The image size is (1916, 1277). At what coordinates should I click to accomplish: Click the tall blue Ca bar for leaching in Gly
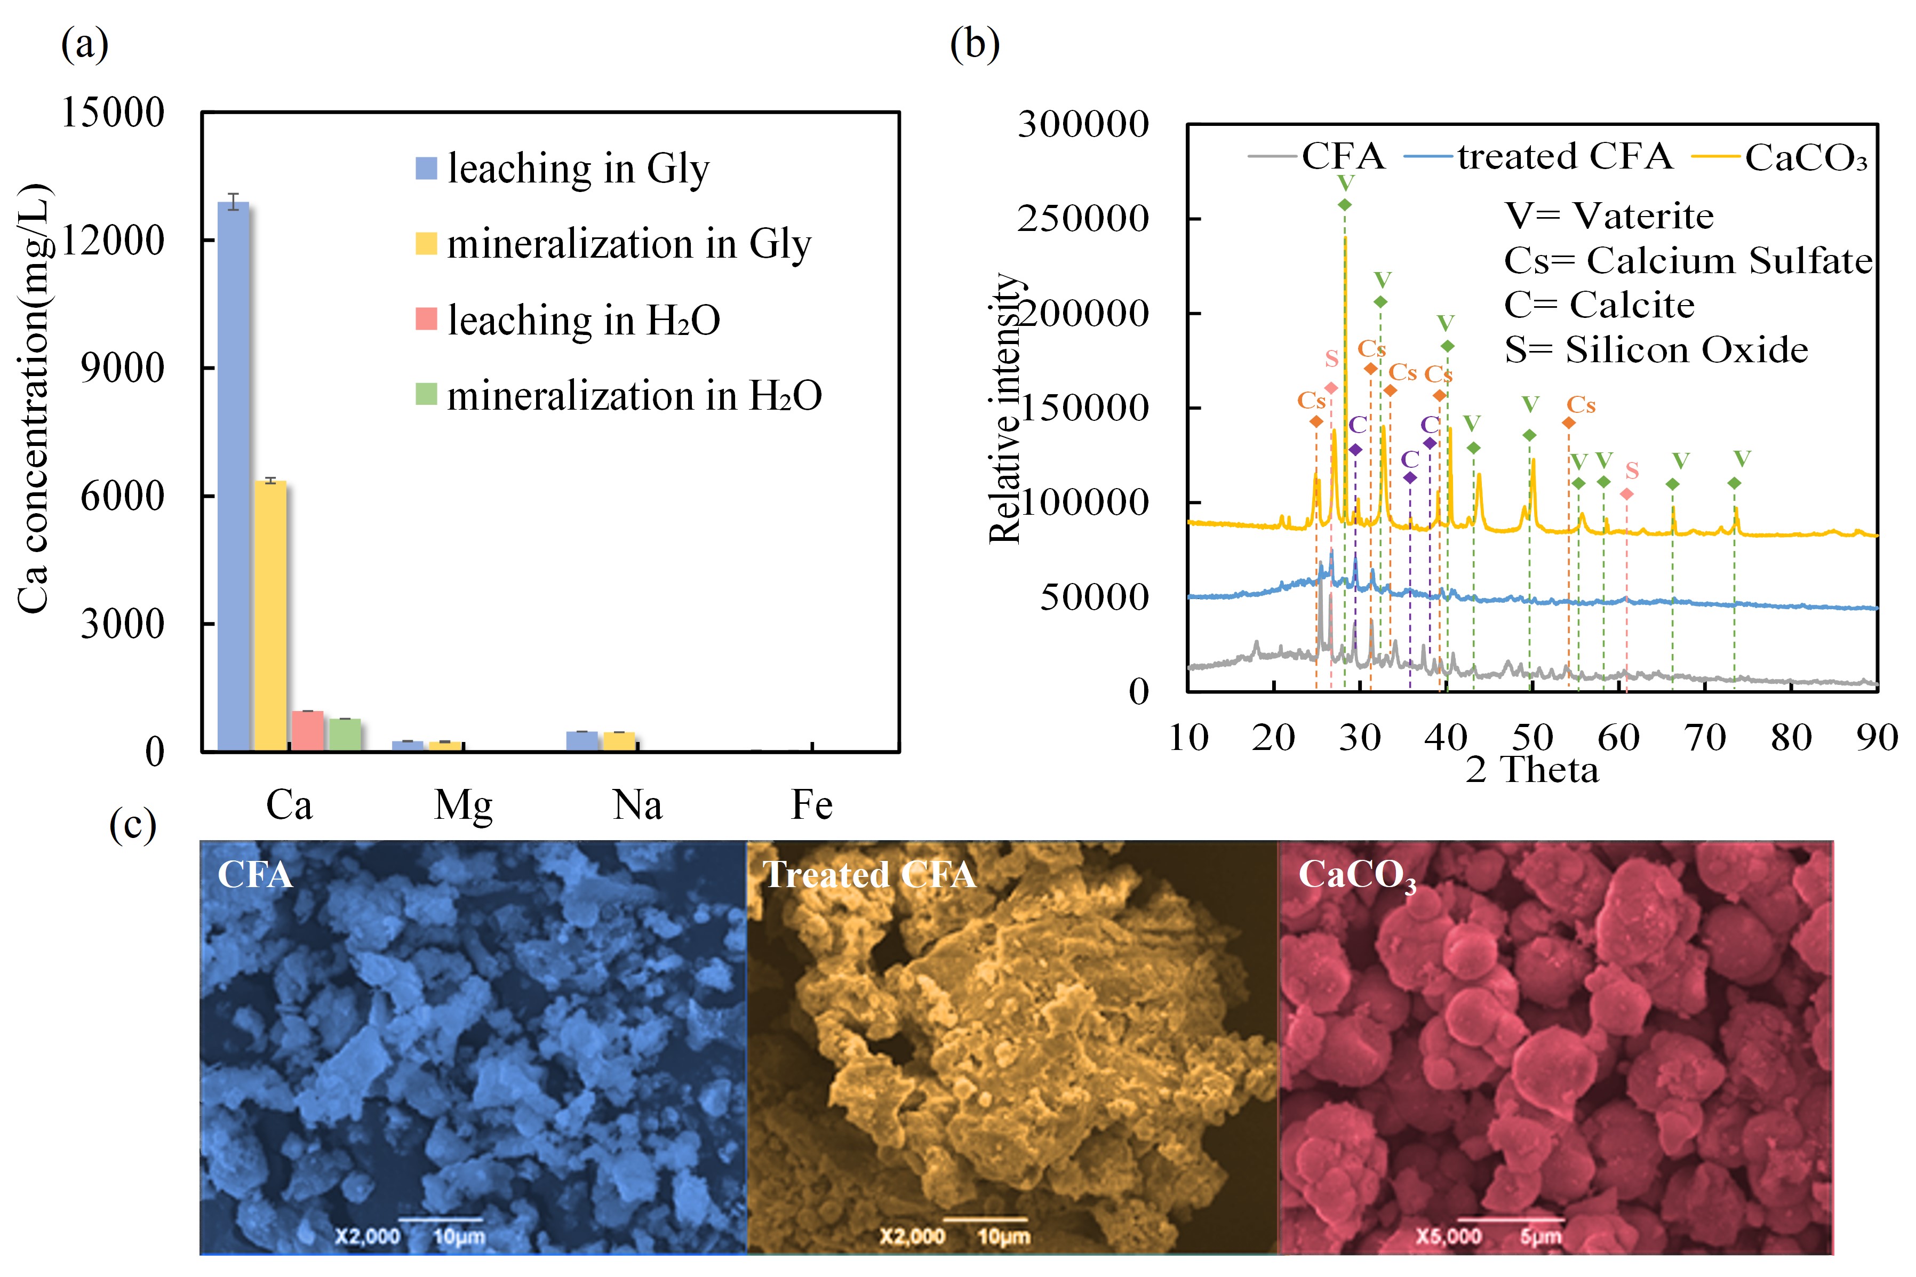point(234,476)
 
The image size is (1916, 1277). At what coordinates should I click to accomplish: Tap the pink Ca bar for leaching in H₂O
point(307,731)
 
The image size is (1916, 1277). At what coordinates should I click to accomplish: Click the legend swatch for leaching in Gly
point(426,168)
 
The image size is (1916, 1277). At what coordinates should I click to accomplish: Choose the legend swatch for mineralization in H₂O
point(426,394)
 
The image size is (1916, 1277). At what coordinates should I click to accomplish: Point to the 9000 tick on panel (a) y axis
point(122,368)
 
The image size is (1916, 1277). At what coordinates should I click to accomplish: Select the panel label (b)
point(974,45)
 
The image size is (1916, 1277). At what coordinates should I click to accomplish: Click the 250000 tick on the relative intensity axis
point(1082,218)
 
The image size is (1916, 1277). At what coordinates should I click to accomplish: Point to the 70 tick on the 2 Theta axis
point(1705,738)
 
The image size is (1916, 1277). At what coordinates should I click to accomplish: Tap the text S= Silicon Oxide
point(1656,349)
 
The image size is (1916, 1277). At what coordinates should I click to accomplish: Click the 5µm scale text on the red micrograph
point(1540,1237)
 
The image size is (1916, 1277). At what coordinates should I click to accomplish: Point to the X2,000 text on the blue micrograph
point(367,1236)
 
